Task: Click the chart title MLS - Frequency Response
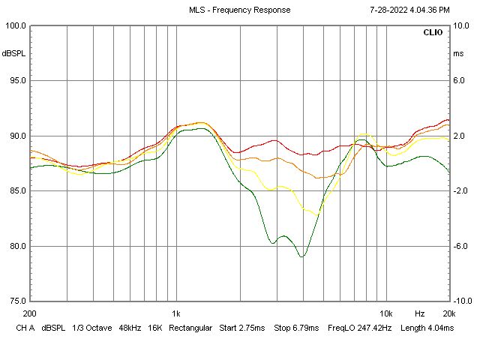tap(239, 10)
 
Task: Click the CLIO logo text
tap(433, 33)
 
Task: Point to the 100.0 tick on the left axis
tap(16, 25)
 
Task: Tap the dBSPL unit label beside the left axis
tap(13, 54)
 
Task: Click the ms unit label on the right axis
tap(458, 54)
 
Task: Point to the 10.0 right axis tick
tap(461, 25)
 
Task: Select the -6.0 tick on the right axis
tap(461, 246)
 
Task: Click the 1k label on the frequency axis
tap(175, 313)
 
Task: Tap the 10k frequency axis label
tap(385, 313)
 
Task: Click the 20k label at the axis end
tap(448, 313)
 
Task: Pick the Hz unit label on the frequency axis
tap(420, 313)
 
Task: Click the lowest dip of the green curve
tap(302, 256)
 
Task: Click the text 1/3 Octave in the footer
tap(90, 328)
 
